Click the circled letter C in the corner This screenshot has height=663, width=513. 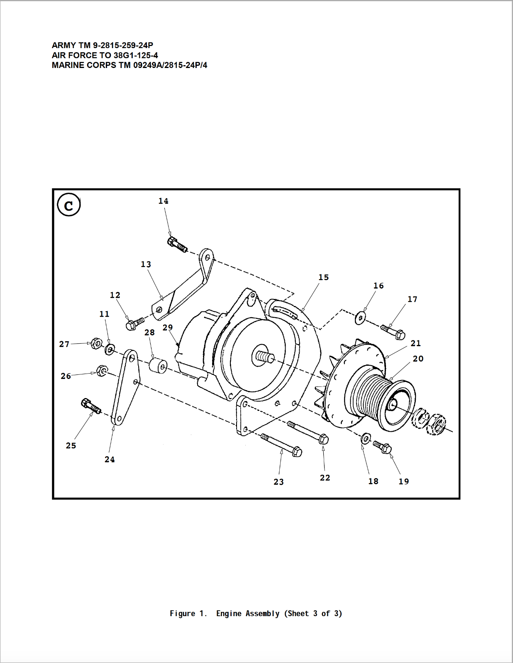coord(68,205)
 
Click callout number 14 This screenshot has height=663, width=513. coord(163,201)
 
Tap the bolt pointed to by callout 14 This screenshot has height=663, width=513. coord(177,244)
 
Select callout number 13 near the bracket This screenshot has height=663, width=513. coord(146,265)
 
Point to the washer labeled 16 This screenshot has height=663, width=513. coord(360,318)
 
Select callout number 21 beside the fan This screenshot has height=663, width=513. coord(415,343)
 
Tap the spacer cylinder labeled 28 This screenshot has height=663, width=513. coord(158,366)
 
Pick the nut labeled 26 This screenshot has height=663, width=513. coord(101,371)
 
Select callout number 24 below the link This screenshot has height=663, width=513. coord(110,459)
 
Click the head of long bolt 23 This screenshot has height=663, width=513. coord(296,452)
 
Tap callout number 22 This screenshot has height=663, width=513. coord(325,478)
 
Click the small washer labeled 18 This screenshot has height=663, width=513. coord(366,438)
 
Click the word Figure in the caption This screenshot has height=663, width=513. coord(182,614)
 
